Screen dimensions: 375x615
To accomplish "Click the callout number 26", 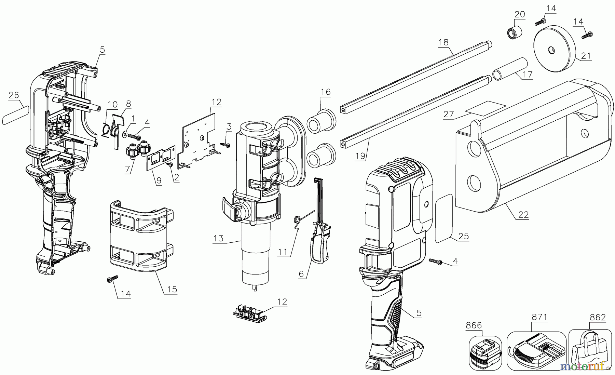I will [14, 95].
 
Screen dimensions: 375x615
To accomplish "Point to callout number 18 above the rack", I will [443, 42].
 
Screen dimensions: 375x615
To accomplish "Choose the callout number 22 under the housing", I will [523, 215].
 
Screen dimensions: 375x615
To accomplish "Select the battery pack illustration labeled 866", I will [485, 352].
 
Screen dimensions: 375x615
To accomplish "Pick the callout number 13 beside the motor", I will [218, 238].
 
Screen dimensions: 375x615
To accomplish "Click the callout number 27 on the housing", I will [448, 114].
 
